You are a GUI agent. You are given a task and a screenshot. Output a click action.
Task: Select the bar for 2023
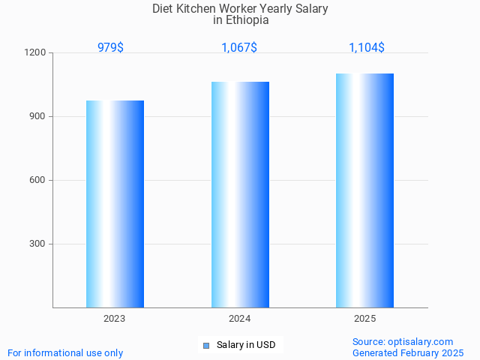coord(115,204)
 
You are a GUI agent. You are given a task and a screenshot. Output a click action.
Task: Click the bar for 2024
coord(240,194)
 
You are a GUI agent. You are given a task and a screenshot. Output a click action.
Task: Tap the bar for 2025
coord(364,190)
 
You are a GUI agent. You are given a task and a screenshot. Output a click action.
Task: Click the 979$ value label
coord(110,47)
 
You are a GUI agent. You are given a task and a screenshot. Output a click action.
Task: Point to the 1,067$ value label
coord(239,47)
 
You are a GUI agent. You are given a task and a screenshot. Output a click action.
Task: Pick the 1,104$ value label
coord(367,47)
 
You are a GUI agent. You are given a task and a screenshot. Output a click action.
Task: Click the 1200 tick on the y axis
coord(37,53)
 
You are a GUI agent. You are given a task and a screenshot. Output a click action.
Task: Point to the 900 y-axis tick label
coord(38,117)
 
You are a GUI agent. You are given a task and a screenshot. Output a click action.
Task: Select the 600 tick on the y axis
coord(38,181)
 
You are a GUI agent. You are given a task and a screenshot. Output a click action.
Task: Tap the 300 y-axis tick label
coord(38,244)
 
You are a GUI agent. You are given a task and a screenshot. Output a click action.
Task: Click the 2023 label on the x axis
coord(115,319)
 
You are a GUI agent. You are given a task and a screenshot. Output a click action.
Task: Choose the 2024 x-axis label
coord(240,319)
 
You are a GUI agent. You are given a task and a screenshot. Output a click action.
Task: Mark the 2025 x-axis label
coord(365,319)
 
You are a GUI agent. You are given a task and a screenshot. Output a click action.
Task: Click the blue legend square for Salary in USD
coord(206,346)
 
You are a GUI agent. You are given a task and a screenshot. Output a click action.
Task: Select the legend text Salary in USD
coord(246,346)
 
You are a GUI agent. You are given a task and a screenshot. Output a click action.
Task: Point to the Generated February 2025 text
coord(408,352)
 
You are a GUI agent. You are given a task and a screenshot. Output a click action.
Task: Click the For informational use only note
coord(65,352)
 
